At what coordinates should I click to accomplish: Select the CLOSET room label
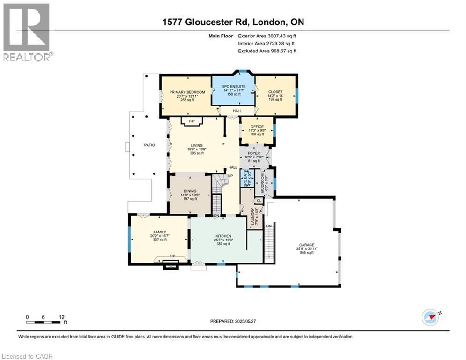pos(275,92)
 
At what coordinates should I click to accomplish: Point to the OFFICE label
pos(257,127)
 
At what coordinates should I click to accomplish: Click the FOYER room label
pos(253,153)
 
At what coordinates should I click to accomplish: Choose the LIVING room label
pos(197,145)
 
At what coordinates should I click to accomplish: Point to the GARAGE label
pos(307,245)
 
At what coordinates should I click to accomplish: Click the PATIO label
pos(149,145)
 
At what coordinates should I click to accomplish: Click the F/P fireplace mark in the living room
pos(191,121)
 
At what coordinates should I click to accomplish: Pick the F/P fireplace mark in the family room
pos(172,255)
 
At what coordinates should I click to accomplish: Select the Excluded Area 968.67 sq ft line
pos(267,51)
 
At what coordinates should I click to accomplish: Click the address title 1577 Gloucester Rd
pos(233,22)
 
